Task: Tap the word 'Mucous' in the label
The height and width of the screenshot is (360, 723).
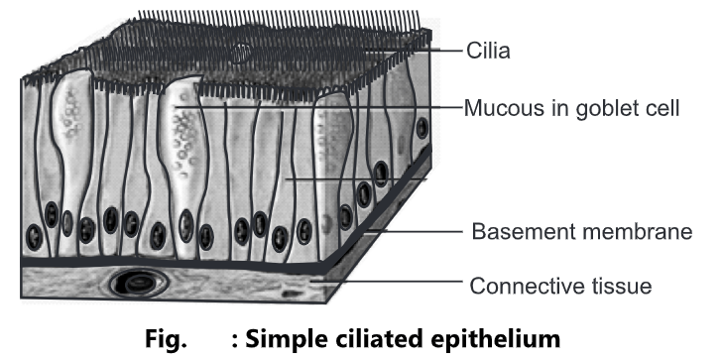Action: [499, 108]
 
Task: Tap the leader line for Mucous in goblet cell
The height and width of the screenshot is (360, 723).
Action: [317, 107]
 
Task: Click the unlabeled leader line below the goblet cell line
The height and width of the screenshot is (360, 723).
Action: [357, 180]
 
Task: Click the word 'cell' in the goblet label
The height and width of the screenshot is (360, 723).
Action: [661, 108]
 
